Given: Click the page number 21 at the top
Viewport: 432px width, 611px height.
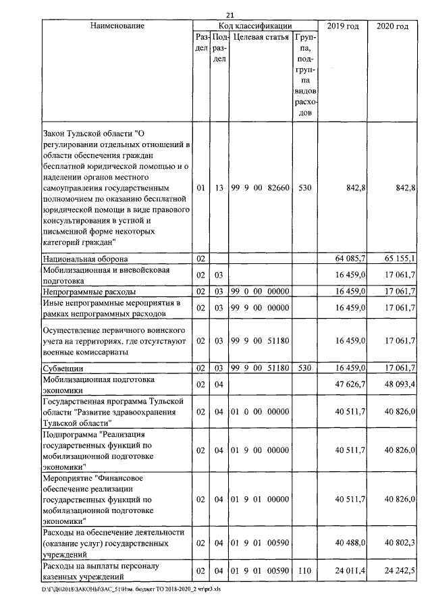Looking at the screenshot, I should (x=229, y=16).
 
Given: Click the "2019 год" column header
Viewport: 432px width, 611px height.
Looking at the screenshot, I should (x=342, y=26).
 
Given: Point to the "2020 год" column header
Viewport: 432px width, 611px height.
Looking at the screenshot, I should (x=391, y=26).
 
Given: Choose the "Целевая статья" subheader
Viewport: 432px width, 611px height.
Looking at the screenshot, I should (x=261, y=37).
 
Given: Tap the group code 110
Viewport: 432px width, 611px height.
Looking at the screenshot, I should (x=304, y=571).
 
